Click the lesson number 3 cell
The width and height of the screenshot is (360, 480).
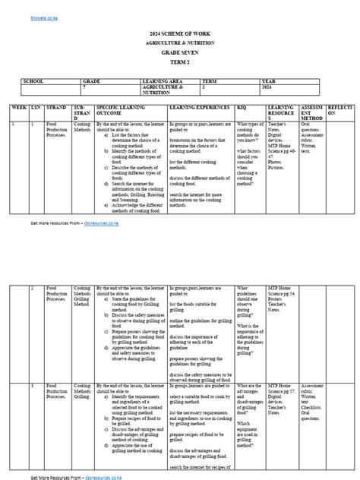33,387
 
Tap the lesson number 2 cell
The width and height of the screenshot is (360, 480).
33,289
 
